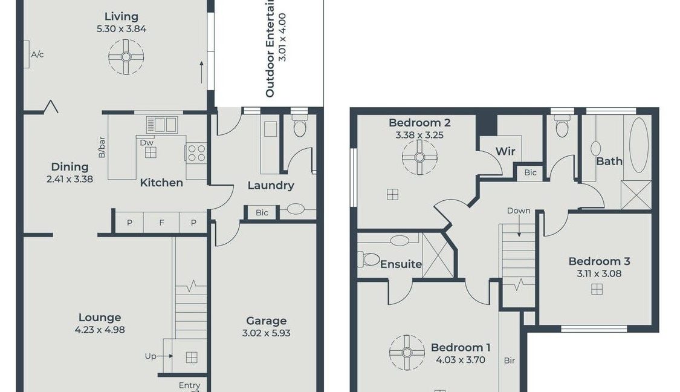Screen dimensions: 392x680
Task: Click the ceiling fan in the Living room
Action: point(126,57)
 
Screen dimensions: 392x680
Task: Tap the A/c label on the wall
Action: point(37,54)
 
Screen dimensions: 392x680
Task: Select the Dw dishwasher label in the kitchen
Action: point(146,143)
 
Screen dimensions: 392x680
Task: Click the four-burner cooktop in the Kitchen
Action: point(196,152)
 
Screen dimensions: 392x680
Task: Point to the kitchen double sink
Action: point(161,125)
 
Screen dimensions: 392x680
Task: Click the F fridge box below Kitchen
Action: point(161,223)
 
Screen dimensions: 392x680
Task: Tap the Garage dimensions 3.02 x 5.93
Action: point(266,333)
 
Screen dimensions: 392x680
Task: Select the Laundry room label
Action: point(271,186)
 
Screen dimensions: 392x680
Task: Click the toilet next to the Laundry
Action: point(300,127)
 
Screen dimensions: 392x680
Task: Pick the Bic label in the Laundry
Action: point(262,212)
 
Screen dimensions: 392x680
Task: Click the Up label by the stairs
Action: point(151,356)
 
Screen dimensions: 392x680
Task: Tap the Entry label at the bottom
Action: point(189,385)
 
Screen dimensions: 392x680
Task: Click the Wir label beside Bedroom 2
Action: point(505,151)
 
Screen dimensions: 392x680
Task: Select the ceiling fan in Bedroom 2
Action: point(419,158)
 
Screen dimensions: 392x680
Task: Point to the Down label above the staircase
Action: point(519,211)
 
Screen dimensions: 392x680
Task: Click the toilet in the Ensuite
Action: point(371,260)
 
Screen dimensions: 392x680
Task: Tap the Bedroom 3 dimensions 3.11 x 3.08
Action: point(599,273)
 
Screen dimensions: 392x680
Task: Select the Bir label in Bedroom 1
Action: point(509,361)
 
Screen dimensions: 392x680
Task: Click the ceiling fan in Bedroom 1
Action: point(407,351)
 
